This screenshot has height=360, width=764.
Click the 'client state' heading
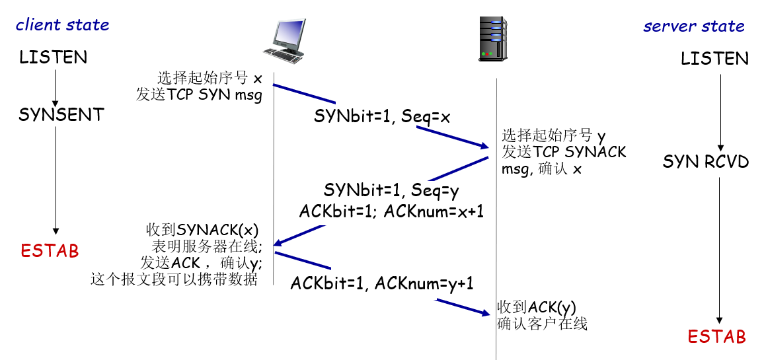62,25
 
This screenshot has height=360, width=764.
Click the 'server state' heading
694,26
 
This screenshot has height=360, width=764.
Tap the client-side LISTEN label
53,57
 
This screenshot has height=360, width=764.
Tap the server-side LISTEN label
714,59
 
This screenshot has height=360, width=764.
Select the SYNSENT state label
61,115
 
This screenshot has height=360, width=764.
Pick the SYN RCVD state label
706,162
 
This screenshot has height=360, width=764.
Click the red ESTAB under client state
50,251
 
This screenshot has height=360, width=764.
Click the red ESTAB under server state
716,337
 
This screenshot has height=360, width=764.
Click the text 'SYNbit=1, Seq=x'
382,118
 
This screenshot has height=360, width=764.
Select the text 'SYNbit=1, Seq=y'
391,190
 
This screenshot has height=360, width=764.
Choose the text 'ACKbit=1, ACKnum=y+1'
382,284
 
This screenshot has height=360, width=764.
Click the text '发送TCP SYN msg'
199,94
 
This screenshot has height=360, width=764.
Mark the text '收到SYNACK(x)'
202,231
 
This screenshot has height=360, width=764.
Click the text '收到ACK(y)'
537,307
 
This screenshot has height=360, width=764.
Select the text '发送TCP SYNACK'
564,152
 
